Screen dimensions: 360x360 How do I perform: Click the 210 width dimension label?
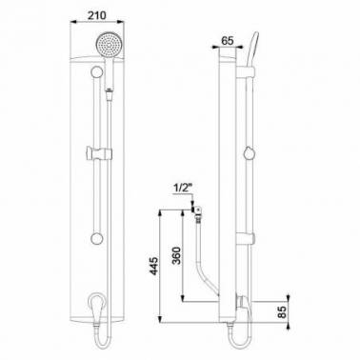coord(96,15)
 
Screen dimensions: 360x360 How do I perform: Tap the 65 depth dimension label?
coord(228,41)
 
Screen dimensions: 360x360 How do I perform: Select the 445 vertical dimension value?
coord(153,266)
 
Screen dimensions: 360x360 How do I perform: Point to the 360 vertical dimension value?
coord(177,255)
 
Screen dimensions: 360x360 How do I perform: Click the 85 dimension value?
coord(282,312)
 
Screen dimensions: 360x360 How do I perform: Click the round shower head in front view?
coord(110,45)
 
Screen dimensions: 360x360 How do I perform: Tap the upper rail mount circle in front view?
coord(96,71)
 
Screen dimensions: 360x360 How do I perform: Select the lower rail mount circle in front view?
coord(96,239)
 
